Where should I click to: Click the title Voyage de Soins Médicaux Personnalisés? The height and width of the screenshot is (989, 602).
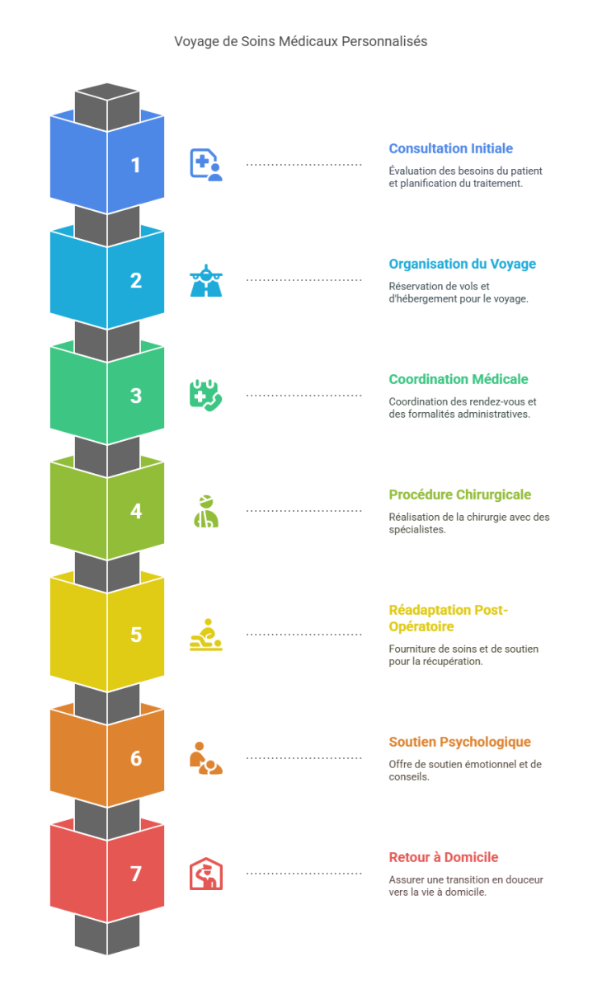[300, 40]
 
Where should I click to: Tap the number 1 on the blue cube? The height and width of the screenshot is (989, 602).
[136, 165]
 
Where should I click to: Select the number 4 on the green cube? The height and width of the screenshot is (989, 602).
[136, 511]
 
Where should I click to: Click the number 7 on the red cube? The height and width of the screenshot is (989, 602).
[136, 874]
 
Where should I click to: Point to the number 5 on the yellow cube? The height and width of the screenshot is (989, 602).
[136, 635]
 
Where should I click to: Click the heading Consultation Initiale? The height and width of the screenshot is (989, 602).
[450, 148]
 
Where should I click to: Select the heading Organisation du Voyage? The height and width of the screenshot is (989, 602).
[462, 264]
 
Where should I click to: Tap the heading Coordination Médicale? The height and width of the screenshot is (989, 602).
[458, 379]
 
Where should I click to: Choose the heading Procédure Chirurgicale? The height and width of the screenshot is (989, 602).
[459, 494]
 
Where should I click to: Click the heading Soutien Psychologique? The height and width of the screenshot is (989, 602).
[459, 742]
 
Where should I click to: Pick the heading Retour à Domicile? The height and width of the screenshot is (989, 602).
[443, 857]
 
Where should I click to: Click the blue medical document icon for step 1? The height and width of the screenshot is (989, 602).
[205, 165]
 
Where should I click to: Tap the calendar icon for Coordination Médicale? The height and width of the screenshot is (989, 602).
[205, 396]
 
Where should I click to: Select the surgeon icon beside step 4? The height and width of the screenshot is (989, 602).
[205, 511]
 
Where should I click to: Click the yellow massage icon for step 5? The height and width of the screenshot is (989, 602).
[205, 635]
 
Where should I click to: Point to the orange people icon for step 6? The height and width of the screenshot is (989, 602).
[205, 758]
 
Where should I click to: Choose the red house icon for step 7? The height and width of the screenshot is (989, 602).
[205, 874]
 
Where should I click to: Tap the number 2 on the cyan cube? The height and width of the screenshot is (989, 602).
[136, 280]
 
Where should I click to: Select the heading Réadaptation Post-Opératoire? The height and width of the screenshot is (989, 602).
[448, 617]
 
